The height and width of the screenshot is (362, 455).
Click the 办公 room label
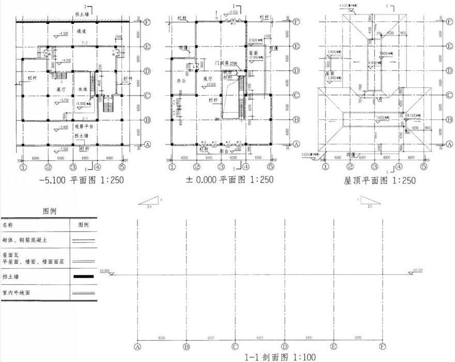181,81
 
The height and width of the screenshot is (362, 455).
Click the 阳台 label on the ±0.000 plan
224,152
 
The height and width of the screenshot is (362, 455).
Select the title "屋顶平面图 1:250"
380,180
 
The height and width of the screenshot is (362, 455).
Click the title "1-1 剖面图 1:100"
280,357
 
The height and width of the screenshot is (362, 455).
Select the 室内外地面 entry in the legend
17,293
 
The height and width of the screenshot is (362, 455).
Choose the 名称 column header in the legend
8,225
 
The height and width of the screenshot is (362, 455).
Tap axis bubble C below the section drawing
235,346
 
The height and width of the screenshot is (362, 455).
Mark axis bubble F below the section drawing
383,346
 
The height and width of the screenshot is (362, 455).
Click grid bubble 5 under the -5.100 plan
122,168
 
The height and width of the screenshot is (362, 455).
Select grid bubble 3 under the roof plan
374,168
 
